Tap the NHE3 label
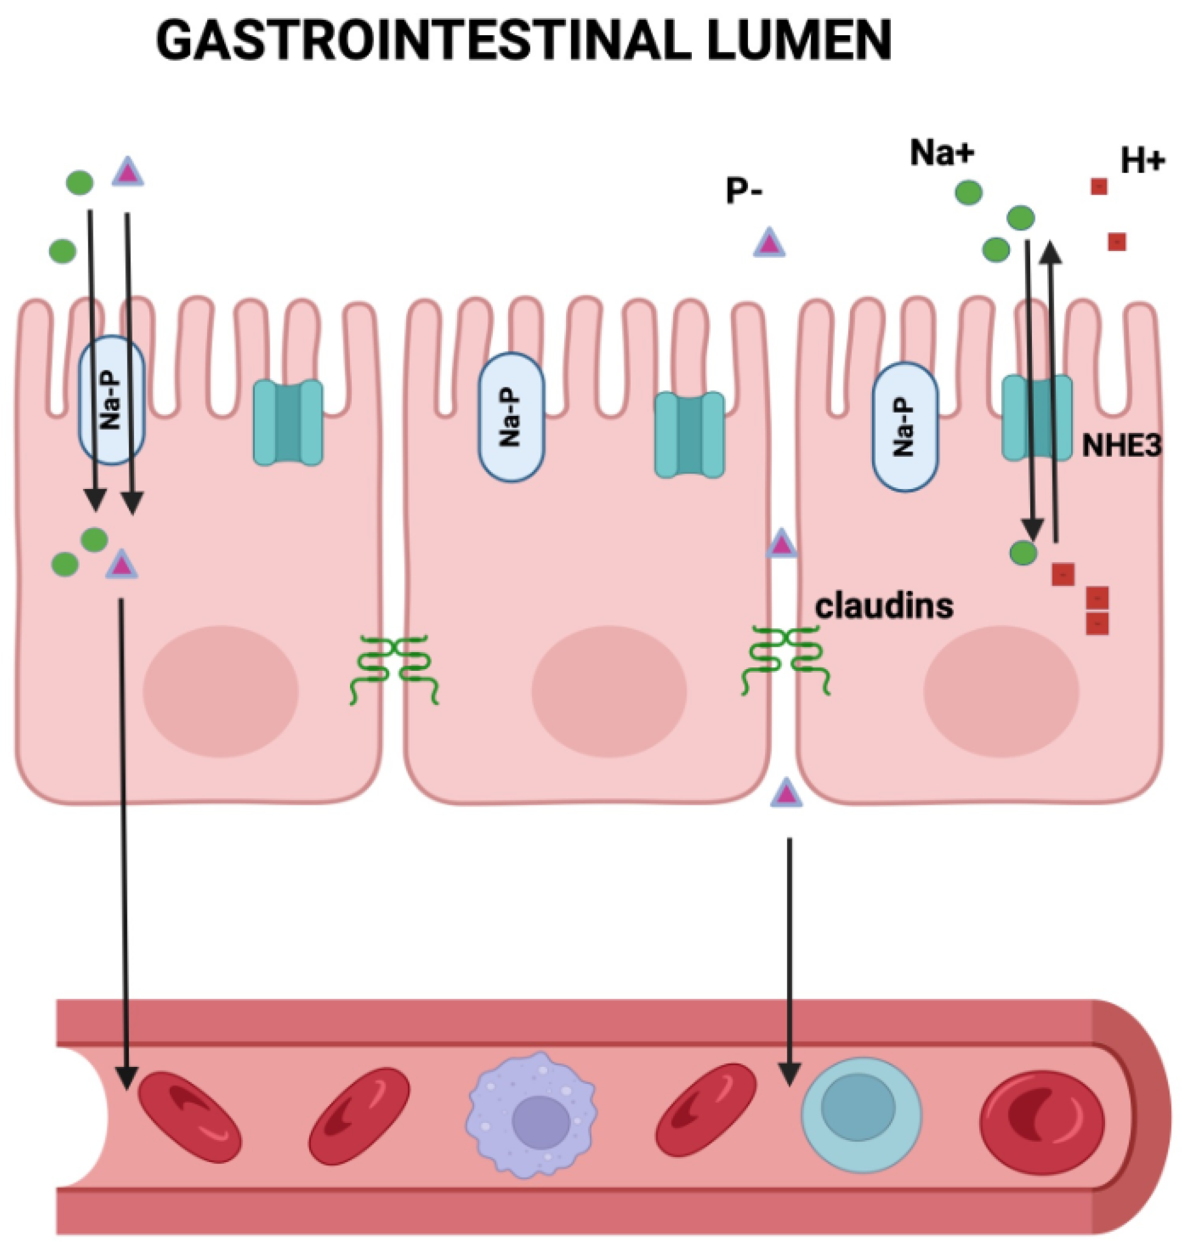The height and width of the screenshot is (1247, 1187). tap(1122, 446)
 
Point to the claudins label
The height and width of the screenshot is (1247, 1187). tap(884, 606)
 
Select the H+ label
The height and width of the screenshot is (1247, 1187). tap(1143, 162)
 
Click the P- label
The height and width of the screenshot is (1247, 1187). tap(744, 190)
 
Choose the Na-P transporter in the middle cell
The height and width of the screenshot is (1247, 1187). tap(510, 418)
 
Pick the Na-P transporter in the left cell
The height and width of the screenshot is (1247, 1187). tap(111, 400)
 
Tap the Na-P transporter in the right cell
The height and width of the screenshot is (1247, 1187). tap(905, 427)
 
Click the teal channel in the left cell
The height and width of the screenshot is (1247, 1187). tap(288, 422)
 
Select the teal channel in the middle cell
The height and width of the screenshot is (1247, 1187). tap(689, 434)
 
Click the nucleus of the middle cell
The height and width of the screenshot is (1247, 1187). tap(609, 691)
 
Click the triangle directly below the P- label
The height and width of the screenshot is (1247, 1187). tap(769, 243)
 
